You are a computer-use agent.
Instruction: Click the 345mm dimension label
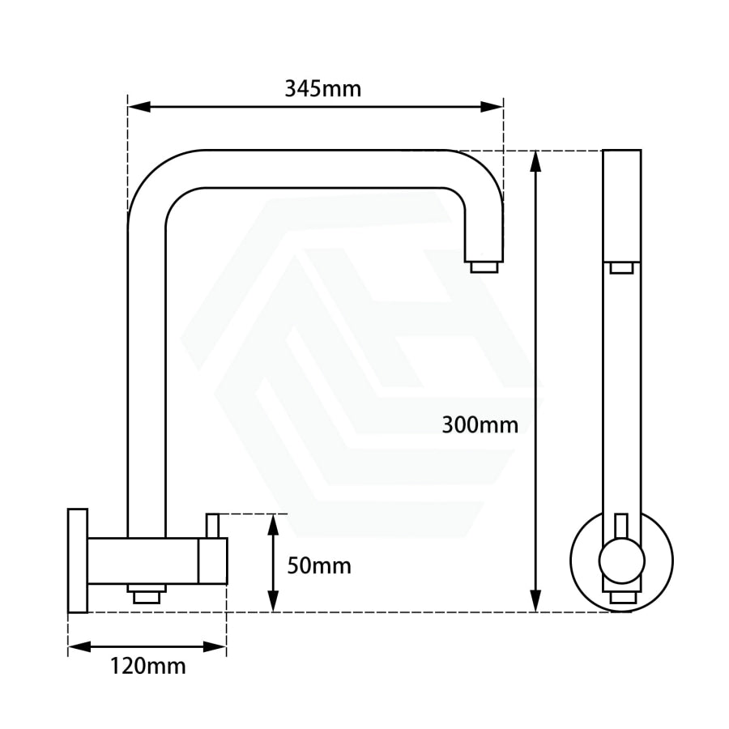(322, 88)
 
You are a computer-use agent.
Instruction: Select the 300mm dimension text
(480, 424)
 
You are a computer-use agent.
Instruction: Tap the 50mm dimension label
(319, 565)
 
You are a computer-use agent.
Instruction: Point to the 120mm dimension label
(148, 666)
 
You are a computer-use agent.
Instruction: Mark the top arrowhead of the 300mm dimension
(535, 161)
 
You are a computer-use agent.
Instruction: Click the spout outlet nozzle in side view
(484, 267)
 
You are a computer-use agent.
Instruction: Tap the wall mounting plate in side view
(78, 560)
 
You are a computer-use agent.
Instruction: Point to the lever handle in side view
(213, 525)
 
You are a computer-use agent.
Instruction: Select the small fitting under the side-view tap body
(147, 595)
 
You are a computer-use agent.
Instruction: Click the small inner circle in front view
(621, 561)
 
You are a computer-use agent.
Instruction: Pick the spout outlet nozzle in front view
(621, 268)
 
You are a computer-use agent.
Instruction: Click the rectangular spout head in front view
(621, 206)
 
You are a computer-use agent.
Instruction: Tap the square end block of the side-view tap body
(213, 561)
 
